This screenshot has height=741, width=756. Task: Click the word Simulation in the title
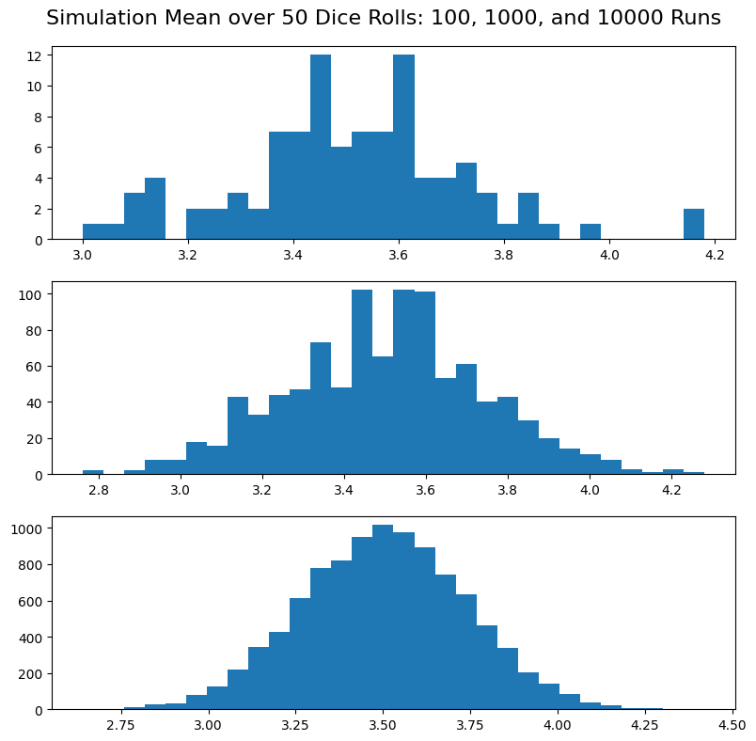pos(100,18)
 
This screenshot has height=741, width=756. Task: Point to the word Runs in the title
pos(697,18)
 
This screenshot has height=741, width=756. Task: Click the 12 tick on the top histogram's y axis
pos(34,55)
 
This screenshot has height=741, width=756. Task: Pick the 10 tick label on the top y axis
pos(34,87)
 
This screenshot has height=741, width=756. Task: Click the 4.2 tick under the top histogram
pos(714,255)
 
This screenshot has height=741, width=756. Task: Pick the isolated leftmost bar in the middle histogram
pos(93,472)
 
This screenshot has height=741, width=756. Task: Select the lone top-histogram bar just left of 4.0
pos(591,231)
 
